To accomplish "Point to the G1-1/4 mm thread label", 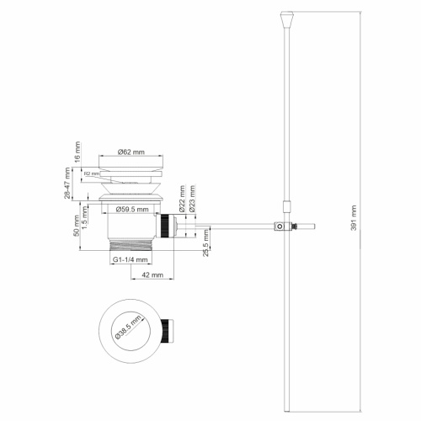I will (130, 260).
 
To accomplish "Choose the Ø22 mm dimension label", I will (181, 200).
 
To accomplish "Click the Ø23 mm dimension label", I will (193, 200).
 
